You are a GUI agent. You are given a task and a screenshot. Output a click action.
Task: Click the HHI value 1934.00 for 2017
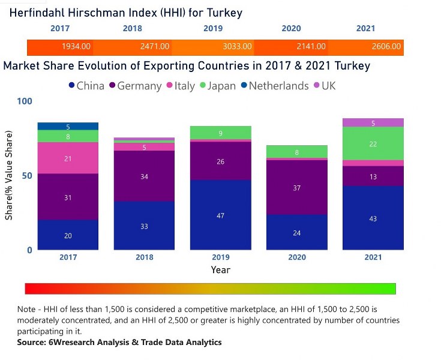(76, 46)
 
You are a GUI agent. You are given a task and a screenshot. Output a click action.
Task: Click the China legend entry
(86, 86)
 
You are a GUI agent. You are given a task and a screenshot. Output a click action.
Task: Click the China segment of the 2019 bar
(220, 215)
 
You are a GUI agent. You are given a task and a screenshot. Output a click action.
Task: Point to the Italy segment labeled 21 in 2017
(68, 158)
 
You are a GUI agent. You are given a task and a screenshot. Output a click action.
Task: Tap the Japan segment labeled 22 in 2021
(373, 144)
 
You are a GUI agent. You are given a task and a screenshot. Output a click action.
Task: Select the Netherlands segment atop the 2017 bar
(68, 127)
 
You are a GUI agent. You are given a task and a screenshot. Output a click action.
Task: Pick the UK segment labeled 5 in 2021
(373, 123)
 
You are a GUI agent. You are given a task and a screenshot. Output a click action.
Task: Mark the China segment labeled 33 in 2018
(144, 226)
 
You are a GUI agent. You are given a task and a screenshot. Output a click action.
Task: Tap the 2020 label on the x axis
(296, 257)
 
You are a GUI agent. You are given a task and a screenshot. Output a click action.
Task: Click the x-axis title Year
(220, 270)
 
